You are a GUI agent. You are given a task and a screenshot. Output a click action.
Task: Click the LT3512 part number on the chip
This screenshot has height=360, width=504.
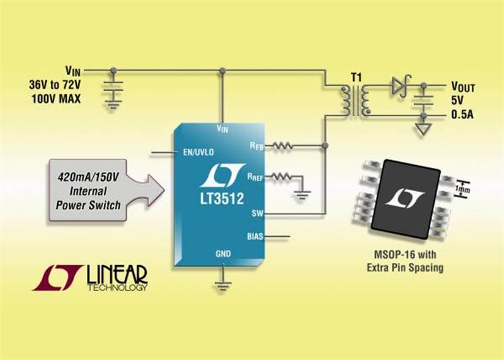click(222, 199)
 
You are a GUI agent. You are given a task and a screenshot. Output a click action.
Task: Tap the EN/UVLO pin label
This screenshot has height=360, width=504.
click(198, 152)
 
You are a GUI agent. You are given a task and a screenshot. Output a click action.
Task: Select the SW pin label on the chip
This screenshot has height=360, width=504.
click(258, 213)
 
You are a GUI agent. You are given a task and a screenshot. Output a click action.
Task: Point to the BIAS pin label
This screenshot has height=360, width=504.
click(255, 236)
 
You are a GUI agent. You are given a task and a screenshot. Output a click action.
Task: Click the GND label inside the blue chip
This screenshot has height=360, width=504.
click(223, 254)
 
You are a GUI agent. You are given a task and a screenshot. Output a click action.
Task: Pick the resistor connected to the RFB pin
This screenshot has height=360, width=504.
click(283, 146)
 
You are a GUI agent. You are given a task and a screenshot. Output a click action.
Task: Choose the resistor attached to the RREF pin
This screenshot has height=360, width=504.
click(281, 177)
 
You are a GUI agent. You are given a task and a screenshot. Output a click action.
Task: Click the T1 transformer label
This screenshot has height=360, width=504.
click(356, 78)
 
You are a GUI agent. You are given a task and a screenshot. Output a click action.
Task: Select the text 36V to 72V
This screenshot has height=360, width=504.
click(55, 85)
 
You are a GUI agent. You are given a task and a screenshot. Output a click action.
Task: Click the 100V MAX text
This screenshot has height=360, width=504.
click(56, 99)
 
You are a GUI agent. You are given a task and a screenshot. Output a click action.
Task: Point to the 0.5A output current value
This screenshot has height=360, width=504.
click(462, 115)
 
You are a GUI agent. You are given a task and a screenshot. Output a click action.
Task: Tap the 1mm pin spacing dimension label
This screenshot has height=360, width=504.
click(462, 189)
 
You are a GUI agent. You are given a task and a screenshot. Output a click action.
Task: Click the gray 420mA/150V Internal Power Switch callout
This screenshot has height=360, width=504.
click(106, 190)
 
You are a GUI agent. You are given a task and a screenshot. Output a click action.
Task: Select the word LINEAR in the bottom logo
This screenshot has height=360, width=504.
click(117, 274)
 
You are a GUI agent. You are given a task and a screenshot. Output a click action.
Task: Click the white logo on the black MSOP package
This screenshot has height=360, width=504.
click(404, 198)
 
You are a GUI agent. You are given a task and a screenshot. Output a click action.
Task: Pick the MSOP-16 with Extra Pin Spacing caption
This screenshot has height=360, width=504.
click(405, 261)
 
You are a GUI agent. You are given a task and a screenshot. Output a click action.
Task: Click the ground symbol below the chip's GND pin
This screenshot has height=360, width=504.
click(222, 285)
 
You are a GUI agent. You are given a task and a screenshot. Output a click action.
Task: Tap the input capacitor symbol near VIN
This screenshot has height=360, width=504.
click(113, 86)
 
